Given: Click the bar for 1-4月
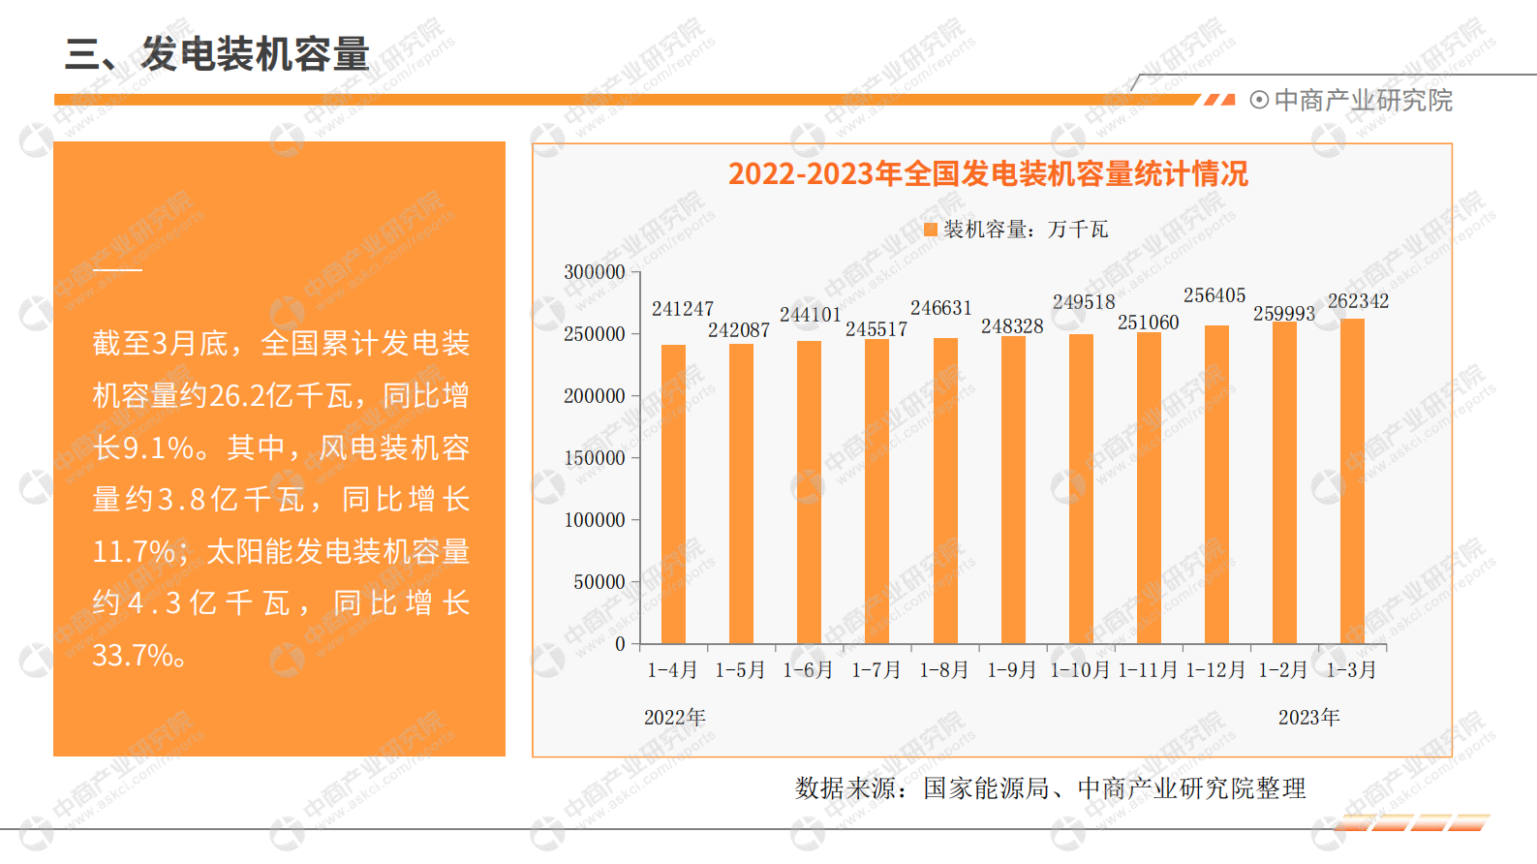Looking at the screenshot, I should (x=673, y=494).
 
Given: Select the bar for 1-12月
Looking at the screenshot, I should (x=1216, y=484).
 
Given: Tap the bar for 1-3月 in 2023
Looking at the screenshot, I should (x=1352, y=481).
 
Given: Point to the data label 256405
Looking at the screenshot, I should (x=1214, y=295).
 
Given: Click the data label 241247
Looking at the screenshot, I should (x=683, y=309).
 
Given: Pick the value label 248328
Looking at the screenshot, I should (x=1012, y=326).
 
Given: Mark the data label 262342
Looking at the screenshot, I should (x=1358, y=301).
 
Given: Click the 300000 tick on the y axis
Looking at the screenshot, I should (x=595, y=272).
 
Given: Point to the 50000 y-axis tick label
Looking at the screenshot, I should (x=599, y=582).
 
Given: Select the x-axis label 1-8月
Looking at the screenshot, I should (x=944, y=670).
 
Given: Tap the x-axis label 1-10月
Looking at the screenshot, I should (x=1080, y=670).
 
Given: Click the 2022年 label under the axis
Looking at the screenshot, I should (x=675, y=718).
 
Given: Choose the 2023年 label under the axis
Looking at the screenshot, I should (x=1308, y=718).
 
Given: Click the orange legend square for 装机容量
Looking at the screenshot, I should (x=931, y=230).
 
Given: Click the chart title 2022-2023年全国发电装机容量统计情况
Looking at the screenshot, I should (x=988, y=174).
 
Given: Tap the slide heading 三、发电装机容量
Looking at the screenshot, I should (x=217, y=54).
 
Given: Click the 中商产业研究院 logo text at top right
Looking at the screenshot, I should (x=1363, y=101).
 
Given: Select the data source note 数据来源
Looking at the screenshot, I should (x=1050, y=788).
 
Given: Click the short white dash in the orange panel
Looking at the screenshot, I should (x=117, y=269).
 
